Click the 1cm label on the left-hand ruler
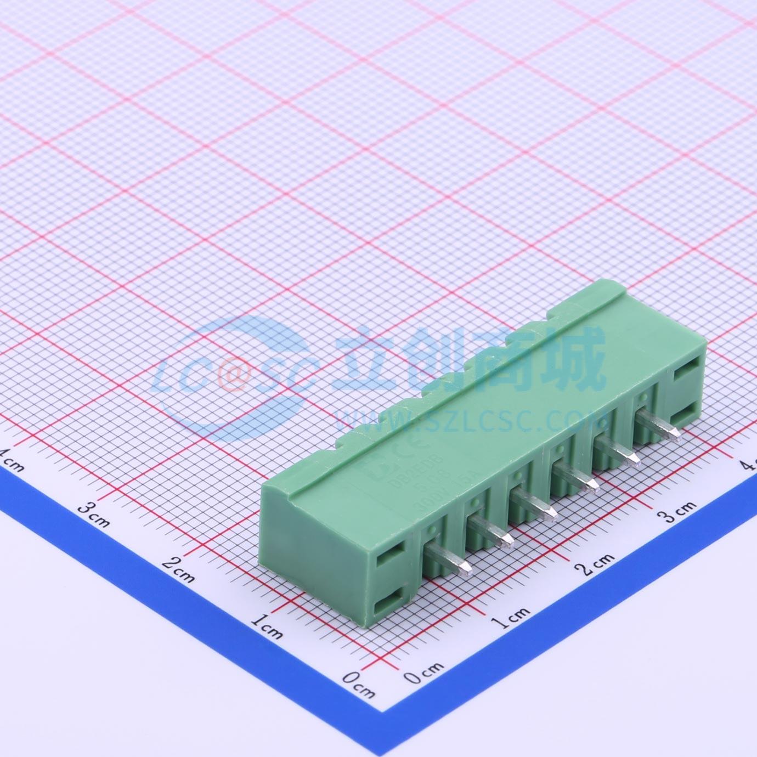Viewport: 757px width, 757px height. point(267,625)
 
